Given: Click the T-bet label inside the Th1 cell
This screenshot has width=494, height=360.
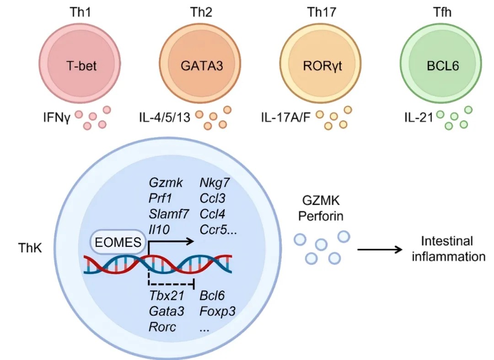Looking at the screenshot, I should click(82, 65).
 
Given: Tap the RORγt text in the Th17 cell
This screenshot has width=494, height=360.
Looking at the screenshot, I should click(322, 65).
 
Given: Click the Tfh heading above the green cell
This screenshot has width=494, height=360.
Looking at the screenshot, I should click(441, 12).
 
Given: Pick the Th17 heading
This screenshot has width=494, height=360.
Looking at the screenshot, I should click(322, 12).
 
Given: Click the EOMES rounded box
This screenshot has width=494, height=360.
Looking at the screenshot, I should click(117, 241).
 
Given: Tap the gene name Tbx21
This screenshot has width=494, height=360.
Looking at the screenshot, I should click(166, 296).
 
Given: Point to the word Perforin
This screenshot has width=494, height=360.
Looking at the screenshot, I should click(321, 215).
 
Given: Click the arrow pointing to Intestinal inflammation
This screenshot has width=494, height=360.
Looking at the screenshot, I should click(379, 250).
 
